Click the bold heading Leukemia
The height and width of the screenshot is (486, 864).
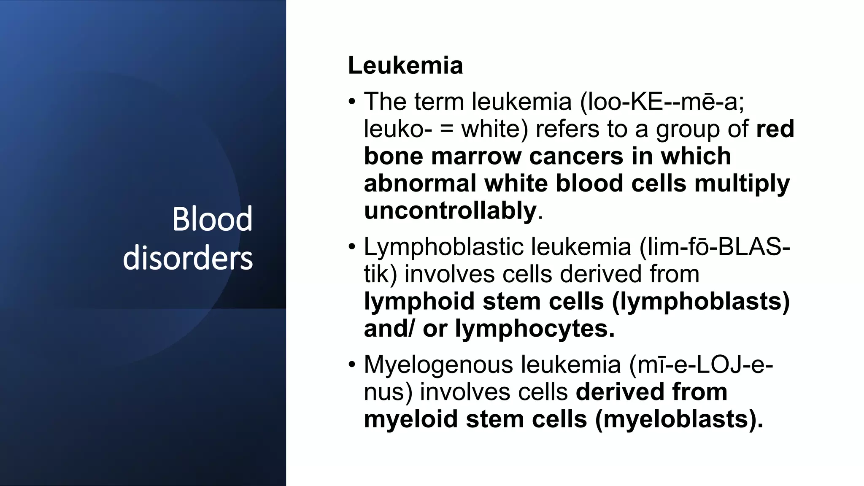click(405, 65)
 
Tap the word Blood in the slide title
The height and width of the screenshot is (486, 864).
click(212, 219)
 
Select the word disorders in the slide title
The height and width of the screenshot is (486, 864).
click(188, 258)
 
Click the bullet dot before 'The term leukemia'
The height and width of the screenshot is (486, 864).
click(352, 102)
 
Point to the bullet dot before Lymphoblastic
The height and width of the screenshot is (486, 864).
click(352, 247)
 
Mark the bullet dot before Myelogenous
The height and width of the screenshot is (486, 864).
click(352, 364)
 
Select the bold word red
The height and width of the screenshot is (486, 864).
click(775, 129)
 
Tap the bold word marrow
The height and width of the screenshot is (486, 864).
click(476, 156)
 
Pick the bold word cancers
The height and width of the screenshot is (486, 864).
click(576, 156)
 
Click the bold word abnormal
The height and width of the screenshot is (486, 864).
click(419, 184)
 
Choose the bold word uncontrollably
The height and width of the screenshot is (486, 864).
click(450, 211)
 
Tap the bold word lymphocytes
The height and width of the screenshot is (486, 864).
click(535, 329)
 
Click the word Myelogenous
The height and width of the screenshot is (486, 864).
click(438, 365)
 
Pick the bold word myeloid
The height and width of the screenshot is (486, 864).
click(410, 420)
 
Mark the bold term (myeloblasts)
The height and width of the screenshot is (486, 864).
click(679, 420)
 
